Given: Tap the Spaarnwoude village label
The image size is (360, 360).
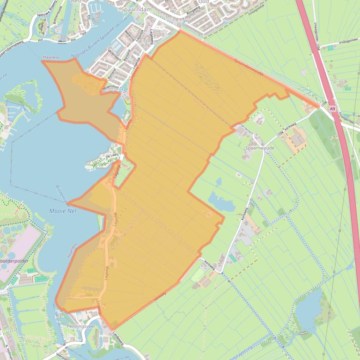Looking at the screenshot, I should point(259,147).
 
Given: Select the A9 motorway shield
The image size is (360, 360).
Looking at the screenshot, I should point(332,108).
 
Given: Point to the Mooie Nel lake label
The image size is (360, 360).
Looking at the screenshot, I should point(62,211).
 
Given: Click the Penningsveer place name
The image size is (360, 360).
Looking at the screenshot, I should point(81,326).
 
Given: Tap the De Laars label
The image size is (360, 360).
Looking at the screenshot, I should point(114,156).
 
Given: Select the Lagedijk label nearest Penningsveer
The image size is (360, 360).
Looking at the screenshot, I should point(101,309).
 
